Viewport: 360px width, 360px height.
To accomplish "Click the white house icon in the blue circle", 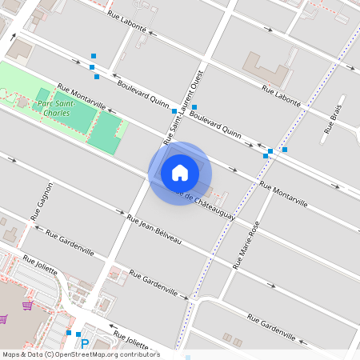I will click(180, 172).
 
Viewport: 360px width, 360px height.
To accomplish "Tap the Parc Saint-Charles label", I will click(58, 108).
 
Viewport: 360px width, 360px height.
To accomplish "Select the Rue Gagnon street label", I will click(42, 201).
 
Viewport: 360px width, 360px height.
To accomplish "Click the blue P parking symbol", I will click(84, 344).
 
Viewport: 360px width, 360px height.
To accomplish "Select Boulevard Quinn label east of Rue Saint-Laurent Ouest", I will click(216, 125).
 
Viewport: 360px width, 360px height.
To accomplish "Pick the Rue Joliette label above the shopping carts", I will click(40, 264).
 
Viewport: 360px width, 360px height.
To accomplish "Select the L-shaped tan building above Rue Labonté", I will click(268, 70).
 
